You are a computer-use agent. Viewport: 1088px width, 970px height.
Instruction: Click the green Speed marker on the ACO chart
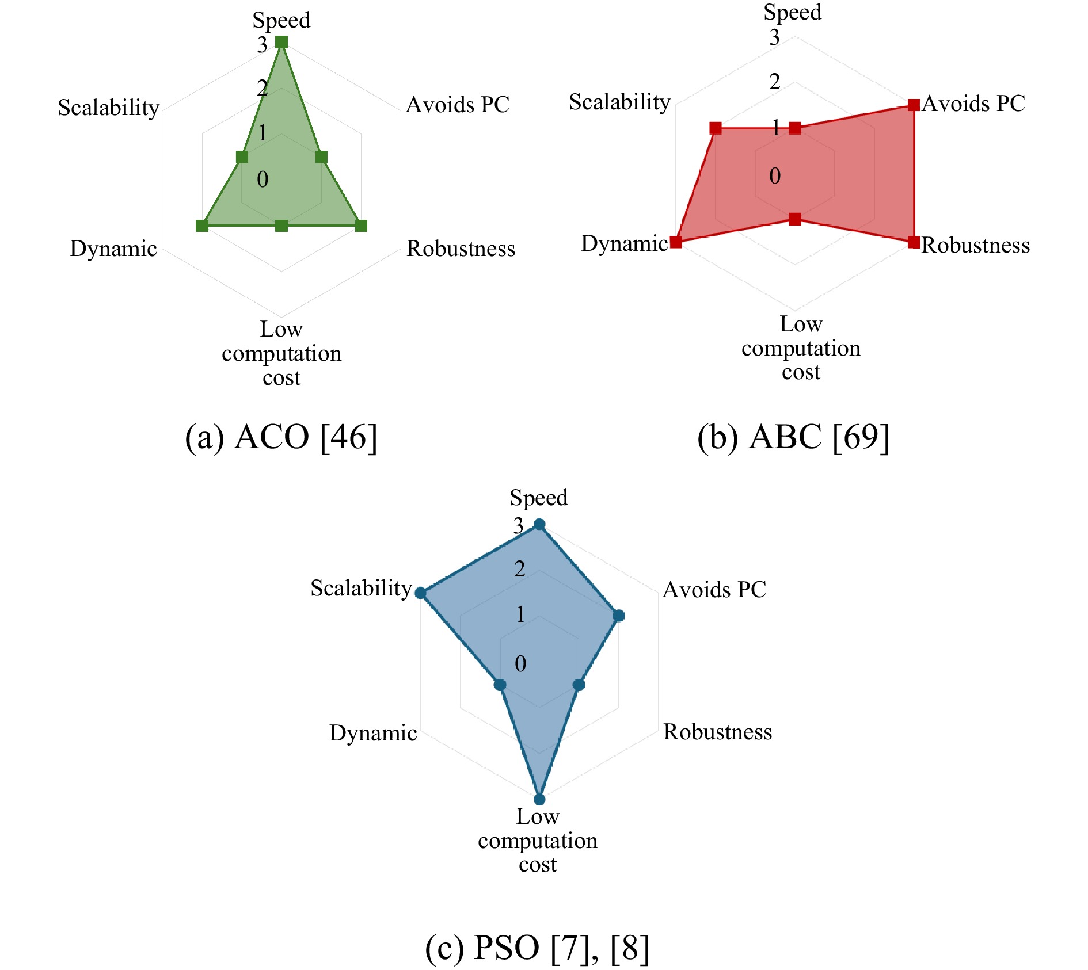click(x=281, y=42)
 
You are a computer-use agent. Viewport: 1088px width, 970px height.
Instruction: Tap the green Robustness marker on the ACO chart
click(x=361, y=226)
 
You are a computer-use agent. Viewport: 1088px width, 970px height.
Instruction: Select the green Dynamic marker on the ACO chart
click(x=202, y=226)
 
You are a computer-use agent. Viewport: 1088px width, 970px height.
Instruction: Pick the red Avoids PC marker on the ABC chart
click(x=914, y=105)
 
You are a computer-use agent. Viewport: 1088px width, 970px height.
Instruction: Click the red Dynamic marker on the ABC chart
click(x=676, y=242)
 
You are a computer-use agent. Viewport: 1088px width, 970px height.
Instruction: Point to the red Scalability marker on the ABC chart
click(x=716, y=128)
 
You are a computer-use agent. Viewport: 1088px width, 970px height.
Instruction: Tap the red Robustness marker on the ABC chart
click(x=914, y=242)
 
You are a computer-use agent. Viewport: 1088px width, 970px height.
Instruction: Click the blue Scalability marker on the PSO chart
click(x=420, y=593)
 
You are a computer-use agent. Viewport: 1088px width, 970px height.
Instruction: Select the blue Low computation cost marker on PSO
click(x=539, y=799)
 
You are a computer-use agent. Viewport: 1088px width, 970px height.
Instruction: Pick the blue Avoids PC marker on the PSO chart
click(x=619, y=616)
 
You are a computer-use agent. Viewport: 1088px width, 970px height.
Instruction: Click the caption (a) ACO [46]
click(x=281, y=437)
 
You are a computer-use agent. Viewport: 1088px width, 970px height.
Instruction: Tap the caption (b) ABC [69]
click(x=793, y=437)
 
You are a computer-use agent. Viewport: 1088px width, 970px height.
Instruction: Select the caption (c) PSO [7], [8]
click(x=537, y=948)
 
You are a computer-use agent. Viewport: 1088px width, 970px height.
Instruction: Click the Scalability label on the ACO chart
click(x=108, y=108)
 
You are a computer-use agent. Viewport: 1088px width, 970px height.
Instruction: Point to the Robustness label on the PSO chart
click(x=717, y=732)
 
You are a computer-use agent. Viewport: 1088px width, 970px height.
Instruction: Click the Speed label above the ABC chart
click(x=792, y=12)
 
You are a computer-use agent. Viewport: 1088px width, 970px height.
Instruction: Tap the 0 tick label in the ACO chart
click(x=263, y=180)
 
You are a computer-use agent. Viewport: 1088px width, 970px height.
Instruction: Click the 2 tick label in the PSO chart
click(x=520, y=569)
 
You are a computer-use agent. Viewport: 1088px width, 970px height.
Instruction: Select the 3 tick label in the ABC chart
click(x=774, y=38)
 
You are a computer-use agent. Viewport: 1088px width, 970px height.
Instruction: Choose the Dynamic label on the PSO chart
click(x=373, y=733)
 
